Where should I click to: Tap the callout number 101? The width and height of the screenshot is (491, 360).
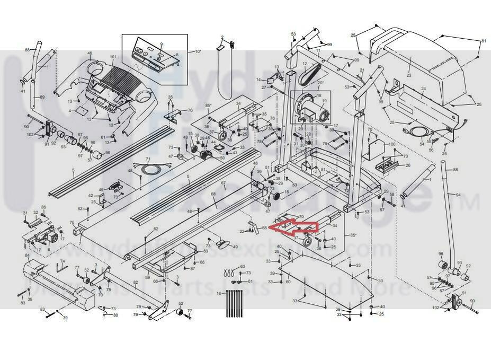[x=113, y=57]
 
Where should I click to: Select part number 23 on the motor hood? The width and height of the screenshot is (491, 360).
[x=408, y=75]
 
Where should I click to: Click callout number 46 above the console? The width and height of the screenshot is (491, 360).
[x=90, y=53]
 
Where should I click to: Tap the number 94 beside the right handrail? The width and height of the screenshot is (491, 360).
[x=458, y=195]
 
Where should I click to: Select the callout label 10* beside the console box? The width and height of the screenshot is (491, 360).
[x=198, y=51]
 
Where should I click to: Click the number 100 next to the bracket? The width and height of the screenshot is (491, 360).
[x=392, y=144]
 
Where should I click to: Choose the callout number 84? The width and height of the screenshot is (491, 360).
[x=27, y=256]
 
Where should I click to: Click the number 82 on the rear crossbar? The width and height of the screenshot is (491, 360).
[x=136, y=283]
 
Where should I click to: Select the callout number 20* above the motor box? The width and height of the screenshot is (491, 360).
[x=320, y=83]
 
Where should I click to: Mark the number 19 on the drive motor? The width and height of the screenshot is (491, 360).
[x=324, y=100]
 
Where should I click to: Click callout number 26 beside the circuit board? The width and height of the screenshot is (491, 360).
[x=407, y=165]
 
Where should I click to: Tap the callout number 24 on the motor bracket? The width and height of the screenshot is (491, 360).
[x=423, y=89]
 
